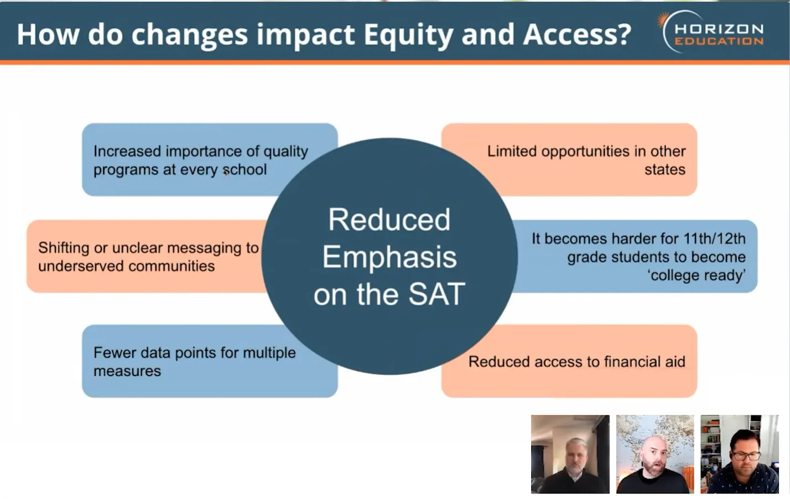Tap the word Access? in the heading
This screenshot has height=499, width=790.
[577, 34]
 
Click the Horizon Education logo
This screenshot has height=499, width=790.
[711, 32]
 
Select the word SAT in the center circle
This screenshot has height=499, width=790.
[436, 294]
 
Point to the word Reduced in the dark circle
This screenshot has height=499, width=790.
[389, 219]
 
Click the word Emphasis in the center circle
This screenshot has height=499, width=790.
[389, 257]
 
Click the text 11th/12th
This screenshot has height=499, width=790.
[714, 239]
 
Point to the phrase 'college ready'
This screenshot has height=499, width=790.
[697, 276]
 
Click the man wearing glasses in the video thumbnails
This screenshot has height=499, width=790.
[740, 454]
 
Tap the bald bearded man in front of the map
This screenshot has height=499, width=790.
[655, 454]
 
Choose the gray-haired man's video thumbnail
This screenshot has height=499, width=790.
[570, 454]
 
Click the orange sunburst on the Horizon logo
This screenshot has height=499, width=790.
[663, 19]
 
